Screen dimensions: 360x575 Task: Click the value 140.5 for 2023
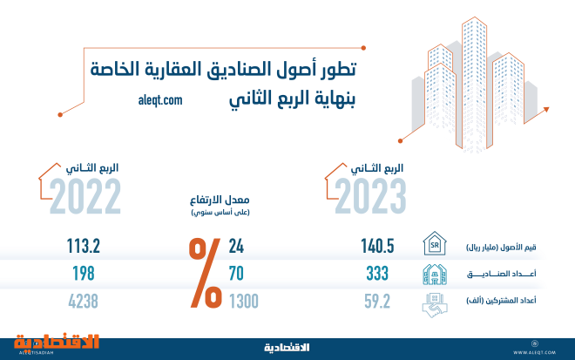[x=378, y=247]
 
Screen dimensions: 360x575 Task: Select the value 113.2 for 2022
[x=84, y=247]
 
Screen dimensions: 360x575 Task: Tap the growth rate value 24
[x=237, y=247]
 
